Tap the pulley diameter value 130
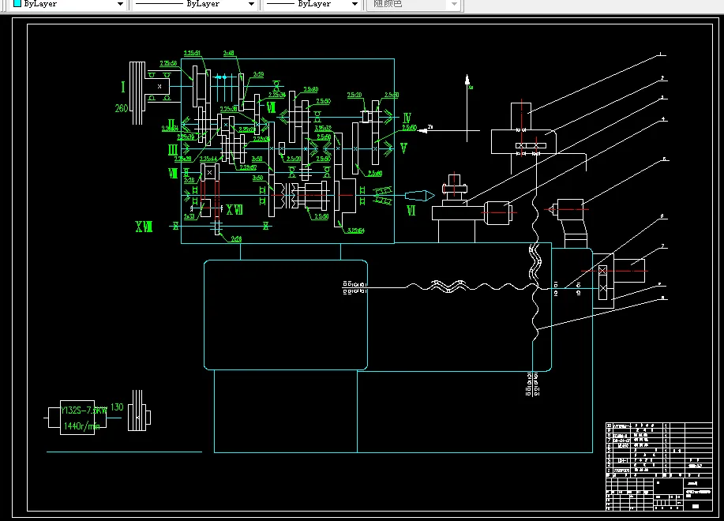[x=117, y=407]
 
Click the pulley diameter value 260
[x=122, y=108]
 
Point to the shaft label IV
[x=407, y=118]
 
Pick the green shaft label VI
[x=411, y=211]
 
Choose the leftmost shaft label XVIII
[x=144, y=227]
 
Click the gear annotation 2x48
[x=229, y=54]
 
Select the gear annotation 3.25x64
[x=355, y=231]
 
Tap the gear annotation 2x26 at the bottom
[x=236, y=238]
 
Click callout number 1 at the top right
[x=662, y=54]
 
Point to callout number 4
[x=664, y=119]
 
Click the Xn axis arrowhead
[x=467, y=79]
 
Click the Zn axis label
[x=431, y=126]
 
